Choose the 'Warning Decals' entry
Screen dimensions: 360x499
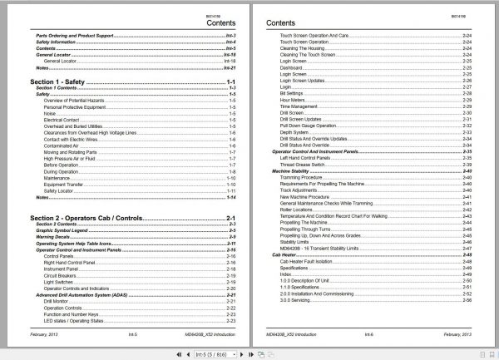point(53,236)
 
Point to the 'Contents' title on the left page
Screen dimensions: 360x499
point(221,24)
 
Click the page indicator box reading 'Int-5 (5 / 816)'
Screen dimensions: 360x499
point(219,353)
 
